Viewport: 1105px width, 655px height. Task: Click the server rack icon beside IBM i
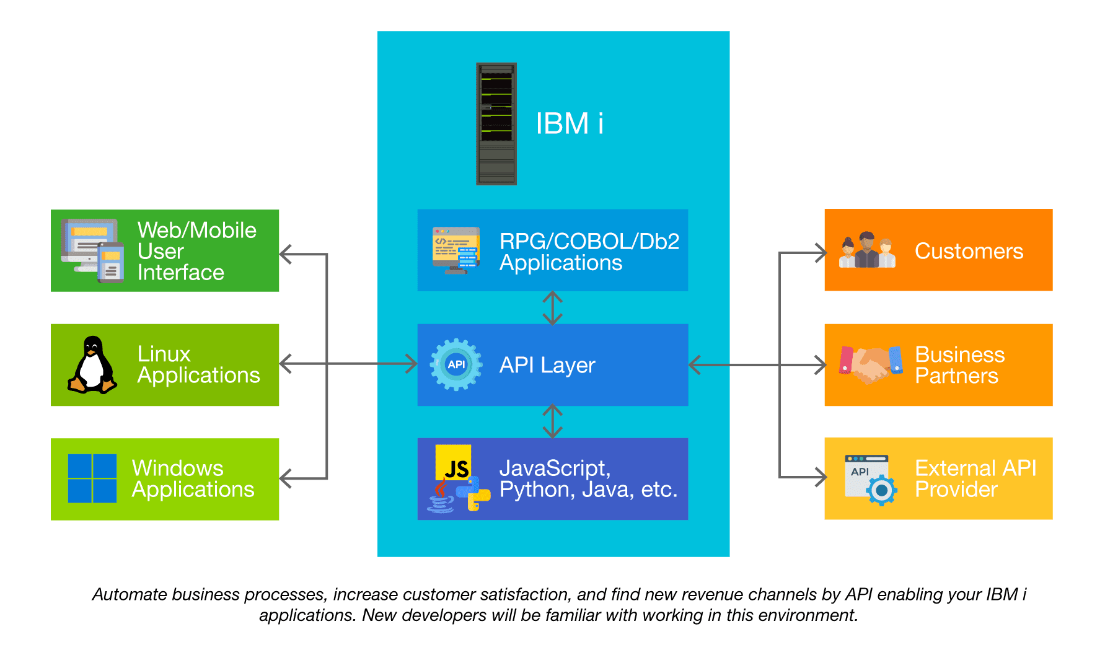496,124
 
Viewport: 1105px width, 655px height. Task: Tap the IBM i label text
569,123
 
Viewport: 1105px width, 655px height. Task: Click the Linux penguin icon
92,365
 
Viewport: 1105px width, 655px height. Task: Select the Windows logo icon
92,478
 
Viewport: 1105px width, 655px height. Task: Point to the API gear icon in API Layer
456,364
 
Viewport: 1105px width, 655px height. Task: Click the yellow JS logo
453,464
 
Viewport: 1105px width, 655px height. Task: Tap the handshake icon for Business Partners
870,365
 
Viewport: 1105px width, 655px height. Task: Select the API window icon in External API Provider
869,479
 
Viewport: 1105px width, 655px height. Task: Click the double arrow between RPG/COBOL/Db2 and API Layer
552,308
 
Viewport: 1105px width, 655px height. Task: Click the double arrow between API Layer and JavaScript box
552,421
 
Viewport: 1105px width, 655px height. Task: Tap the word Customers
969,251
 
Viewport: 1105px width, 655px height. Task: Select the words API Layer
547,365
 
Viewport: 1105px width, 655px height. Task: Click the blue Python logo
473,493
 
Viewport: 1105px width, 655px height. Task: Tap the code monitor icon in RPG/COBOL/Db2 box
456,250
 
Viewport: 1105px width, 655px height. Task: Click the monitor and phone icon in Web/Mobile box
92,250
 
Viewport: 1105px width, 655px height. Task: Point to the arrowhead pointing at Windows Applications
286,478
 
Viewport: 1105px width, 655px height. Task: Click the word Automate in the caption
130,594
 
